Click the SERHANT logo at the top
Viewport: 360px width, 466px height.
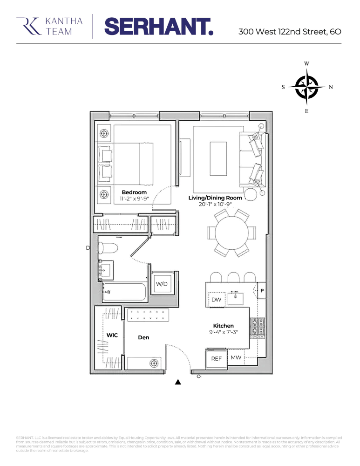(x=158, y=26)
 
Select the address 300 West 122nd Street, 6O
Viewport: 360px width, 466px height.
(x=290, y=32)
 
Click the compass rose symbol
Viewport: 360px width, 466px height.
(x=306, y=87)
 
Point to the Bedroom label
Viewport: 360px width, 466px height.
(x=134, y=192)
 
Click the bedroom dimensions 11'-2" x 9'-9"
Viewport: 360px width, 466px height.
(x=134, y=199)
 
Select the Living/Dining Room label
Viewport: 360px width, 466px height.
(x=215, y=198)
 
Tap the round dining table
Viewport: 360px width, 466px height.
(x=232, y=233)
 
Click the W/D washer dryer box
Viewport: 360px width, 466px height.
(x=162, y=284)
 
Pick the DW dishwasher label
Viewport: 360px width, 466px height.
(x=216, y=300)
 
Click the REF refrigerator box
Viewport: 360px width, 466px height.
(x=216, y=359)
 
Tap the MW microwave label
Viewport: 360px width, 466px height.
(x=236, y=358)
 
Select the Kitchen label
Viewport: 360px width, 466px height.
(x=223, y=326)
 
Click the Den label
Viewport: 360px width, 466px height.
(x=143, y=337)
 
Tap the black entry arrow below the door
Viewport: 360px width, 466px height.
(x=177, y=382)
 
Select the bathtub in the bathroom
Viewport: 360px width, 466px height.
(x=124, y=292)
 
